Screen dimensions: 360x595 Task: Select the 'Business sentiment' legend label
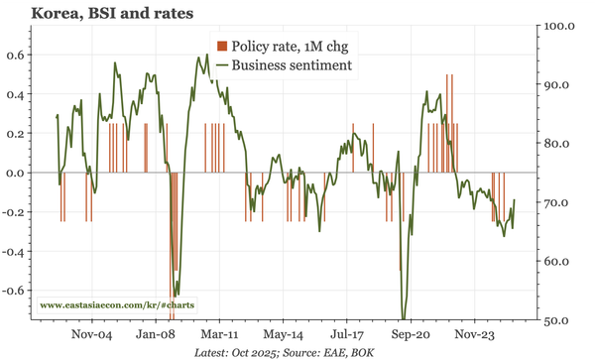coord(292,64)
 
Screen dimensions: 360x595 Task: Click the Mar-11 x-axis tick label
coord(221,335)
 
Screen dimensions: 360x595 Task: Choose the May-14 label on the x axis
coord(285,335)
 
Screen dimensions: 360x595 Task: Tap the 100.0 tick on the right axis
coord(560,25)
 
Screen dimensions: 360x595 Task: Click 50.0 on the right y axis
coord(558,321)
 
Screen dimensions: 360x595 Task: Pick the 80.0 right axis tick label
coord(558,144)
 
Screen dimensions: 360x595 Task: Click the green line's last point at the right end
coord(514,200)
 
